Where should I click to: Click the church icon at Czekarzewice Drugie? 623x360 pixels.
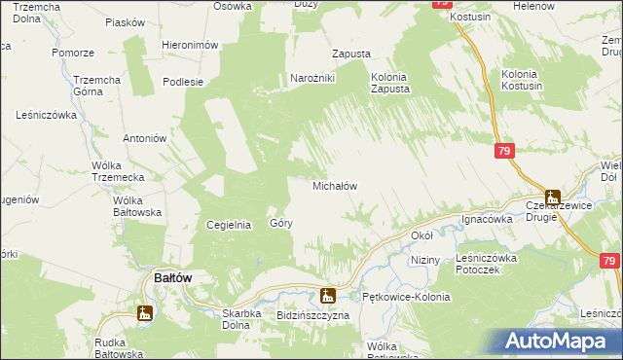click(x=553, y=198)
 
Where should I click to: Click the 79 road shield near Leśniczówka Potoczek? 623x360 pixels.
click(x=610, y=261)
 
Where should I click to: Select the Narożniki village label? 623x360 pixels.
click(x=312, y=79)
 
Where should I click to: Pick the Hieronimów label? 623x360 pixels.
click(x=189, y=46)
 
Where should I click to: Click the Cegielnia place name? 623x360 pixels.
click(x=230, y=225)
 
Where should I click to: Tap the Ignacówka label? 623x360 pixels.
click(x=487, y=219)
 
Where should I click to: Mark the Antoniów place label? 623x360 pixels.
click(x=140, y=138)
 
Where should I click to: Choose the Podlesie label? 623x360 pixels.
click(x=183, y=82)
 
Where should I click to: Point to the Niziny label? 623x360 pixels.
click(x=425, y=261)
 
